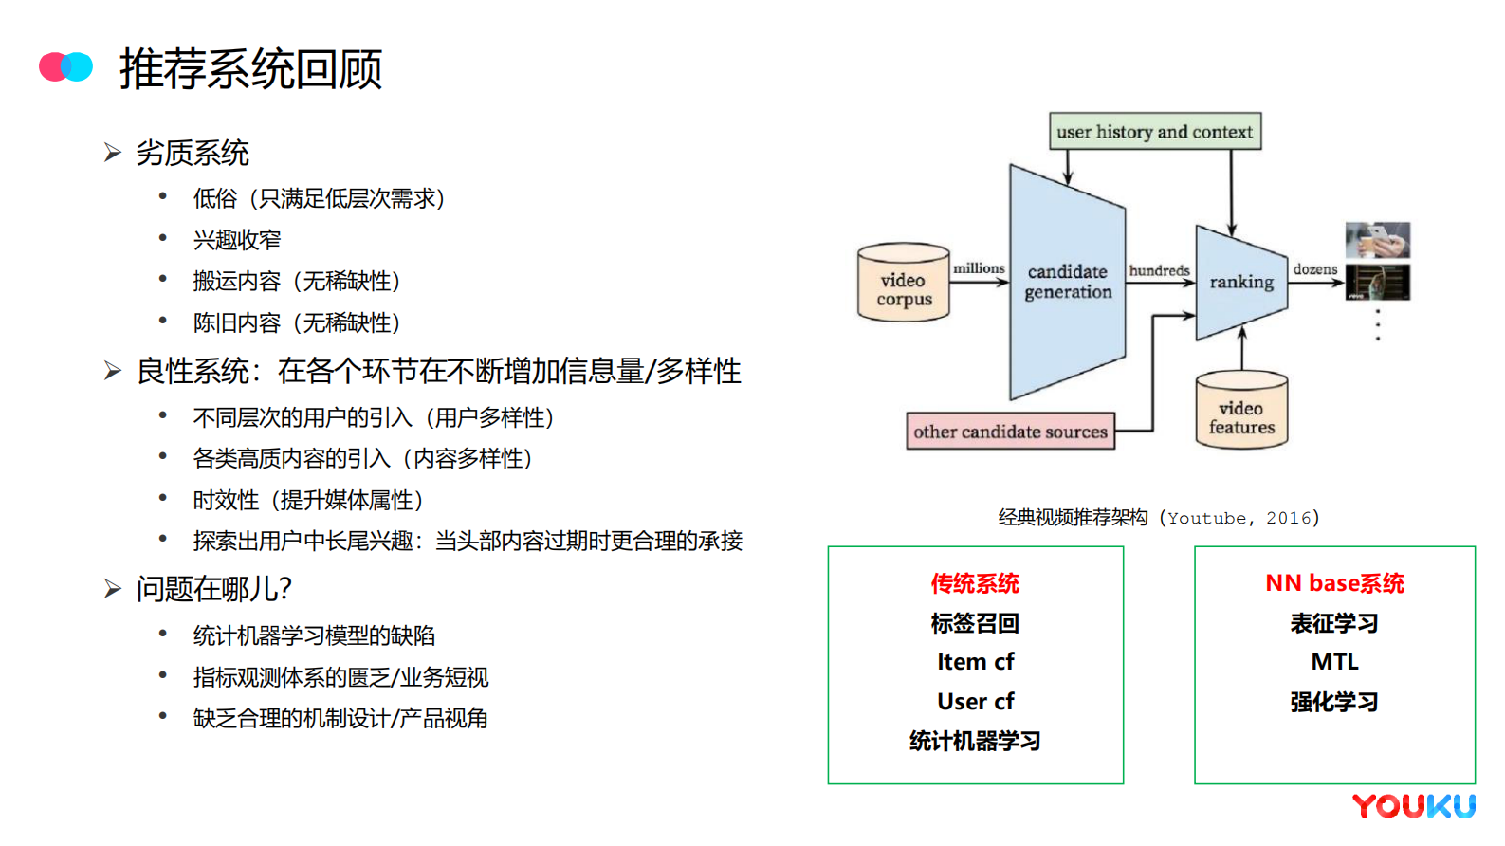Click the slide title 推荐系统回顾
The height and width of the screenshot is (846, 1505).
(x=250, y=69)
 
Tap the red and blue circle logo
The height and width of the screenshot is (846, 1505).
(x=65, y=66)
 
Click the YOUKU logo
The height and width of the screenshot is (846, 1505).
(x=1413, y=806)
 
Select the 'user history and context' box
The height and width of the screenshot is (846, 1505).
(x=1154, y=132)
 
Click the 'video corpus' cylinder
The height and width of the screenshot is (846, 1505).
(x=904, y=285)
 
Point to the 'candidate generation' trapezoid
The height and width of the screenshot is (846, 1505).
(x=1067, y=282)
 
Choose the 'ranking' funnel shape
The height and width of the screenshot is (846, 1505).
(x=1240, y=282)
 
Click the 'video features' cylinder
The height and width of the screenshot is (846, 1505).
(x=1241, y=412)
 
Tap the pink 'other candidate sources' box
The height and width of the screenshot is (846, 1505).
(x=1010, y=432)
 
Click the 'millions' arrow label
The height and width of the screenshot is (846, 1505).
(x=979, y=268)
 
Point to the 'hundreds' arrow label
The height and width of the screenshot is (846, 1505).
(x=1159, y=270)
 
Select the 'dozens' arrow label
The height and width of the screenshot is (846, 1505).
(x=1315, y=269)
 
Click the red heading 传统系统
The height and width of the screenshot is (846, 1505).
(x=975, y=583)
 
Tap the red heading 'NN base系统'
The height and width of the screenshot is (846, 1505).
(x=1334, y=583)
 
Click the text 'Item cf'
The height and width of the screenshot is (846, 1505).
(x=975, y=662)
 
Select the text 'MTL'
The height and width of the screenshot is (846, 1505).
(x=1334, y=662)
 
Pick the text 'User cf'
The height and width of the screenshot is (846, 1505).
(x=975, y=702)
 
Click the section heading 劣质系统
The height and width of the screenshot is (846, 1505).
(x=193, y=153)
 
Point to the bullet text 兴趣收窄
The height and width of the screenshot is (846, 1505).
(x=237, y=240)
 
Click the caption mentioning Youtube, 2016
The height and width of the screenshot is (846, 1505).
(x=1158, y=518)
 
